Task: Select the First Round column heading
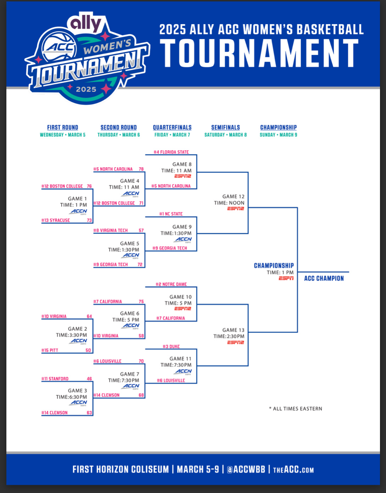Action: pyautogui.click(x=62, y=127)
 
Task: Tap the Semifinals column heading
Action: pyautogui.click(x=225, y=127)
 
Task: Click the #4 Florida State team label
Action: pyautogui.click(x=171, y=152)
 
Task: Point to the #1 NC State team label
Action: pyautogui.click(x=171, y=214)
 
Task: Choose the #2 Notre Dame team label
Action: pyautogui.click(x=171, y=284)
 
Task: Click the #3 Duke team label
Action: pyautogui.click(x=171, y=346)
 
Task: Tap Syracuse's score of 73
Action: pyautogui.click(x=89, y=220)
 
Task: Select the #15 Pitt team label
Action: pyautogui.click(x=50, y=350)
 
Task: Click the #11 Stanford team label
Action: pyautogui.click(x=55, y=379)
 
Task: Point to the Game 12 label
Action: pyautogui.click(x=233, y=197)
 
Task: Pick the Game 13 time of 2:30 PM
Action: pyautogui.click(x=229, y=336)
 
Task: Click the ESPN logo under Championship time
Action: pyautogui.click(x=286, y=279)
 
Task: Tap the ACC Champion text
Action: pyautogui.click(x=324, y=279)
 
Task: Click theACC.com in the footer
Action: pyautogui.click(x=293, y=470)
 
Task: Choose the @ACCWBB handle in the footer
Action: pyautogui.click(x=246, y=470)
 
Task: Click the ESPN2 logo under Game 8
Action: pyautogui.click(x=183, y=176)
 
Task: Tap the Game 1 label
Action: pyautogui.click(x=77, y=199)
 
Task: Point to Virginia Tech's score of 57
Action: pyautogui.click(x=141, y=231)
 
